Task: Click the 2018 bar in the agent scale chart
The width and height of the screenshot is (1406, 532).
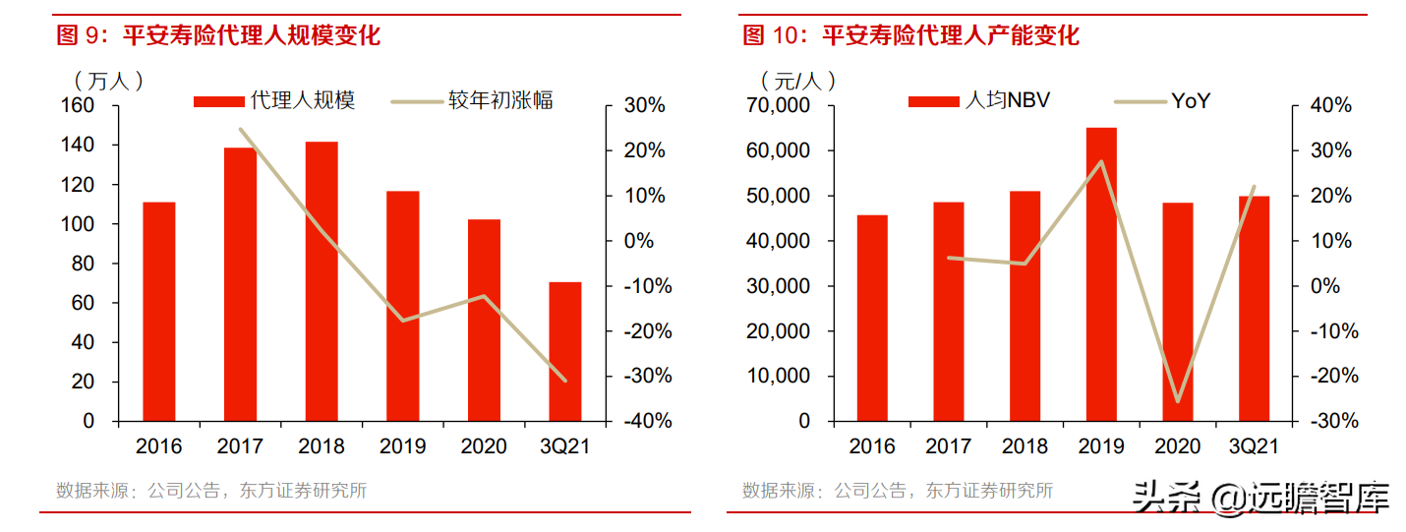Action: coord(322,281)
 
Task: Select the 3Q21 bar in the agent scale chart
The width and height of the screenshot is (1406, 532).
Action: coord(565,351)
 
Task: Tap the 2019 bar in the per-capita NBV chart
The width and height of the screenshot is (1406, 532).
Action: coord(1101,274)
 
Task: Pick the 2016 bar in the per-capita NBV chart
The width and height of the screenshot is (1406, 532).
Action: coord(872,318)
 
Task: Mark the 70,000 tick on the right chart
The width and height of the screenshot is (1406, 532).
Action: coord(776,105)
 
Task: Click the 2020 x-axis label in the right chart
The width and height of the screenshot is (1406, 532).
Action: coord(1177,446)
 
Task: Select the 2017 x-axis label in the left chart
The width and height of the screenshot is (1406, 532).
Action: coord(240,446)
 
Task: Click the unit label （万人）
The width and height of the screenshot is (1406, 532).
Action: coord(108,80)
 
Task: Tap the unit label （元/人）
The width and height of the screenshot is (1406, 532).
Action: coord(797,80)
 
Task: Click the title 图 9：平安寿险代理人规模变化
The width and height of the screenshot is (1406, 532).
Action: coord(218,36)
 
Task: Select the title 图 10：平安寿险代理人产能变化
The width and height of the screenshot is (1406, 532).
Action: coord(910,36)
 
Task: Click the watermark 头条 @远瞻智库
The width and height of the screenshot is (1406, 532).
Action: coord(1260,498)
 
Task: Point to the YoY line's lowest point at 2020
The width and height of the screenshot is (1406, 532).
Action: coord(1177,401)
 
